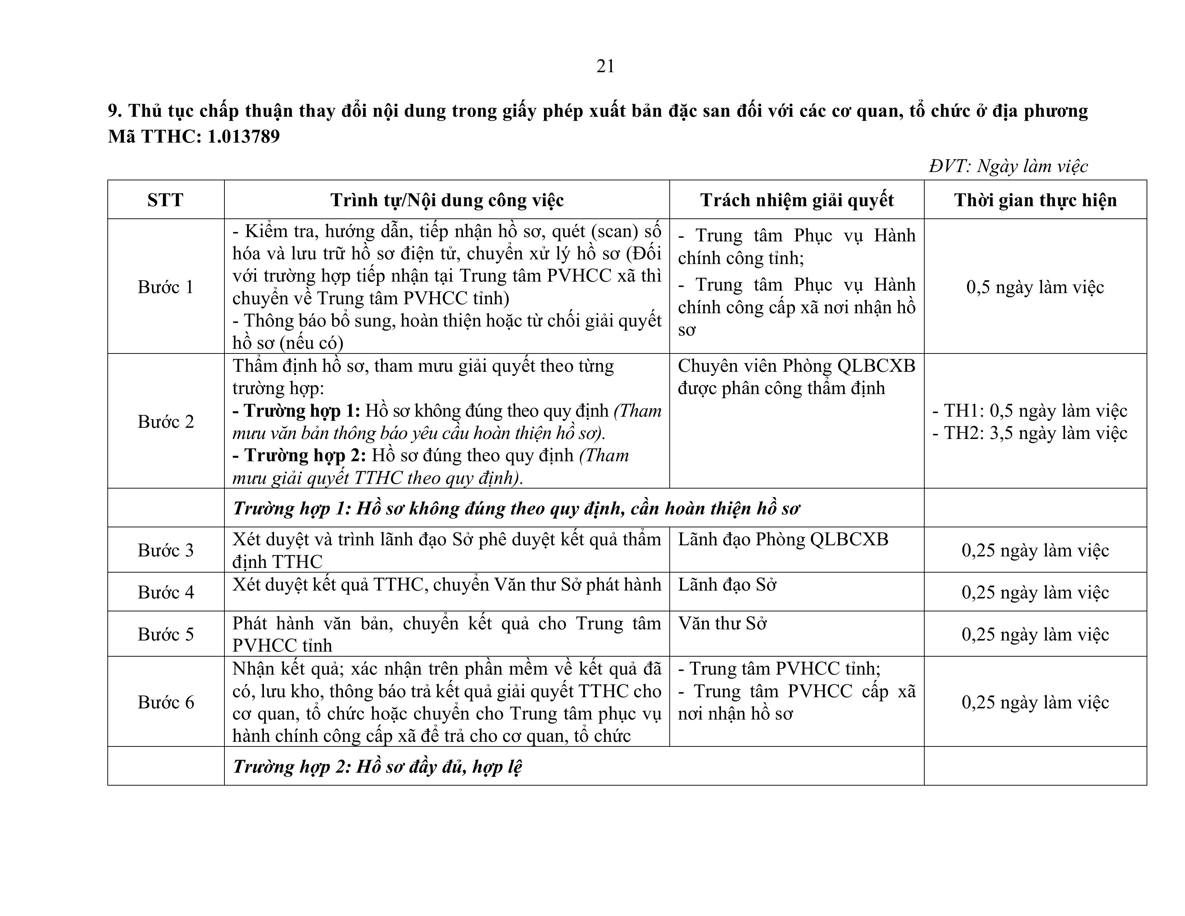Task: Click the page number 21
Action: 605,66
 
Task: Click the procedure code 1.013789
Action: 243,136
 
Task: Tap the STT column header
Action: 166,200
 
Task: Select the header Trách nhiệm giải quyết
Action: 796,200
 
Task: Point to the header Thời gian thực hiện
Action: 1035,200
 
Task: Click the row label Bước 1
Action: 166,287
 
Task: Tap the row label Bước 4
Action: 166,592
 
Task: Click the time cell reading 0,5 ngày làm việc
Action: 1035,287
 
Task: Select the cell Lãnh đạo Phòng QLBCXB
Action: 783,539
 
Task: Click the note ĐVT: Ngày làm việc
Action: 1008,166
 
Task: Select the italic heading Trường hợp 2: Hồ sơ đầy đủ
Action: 377,766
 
